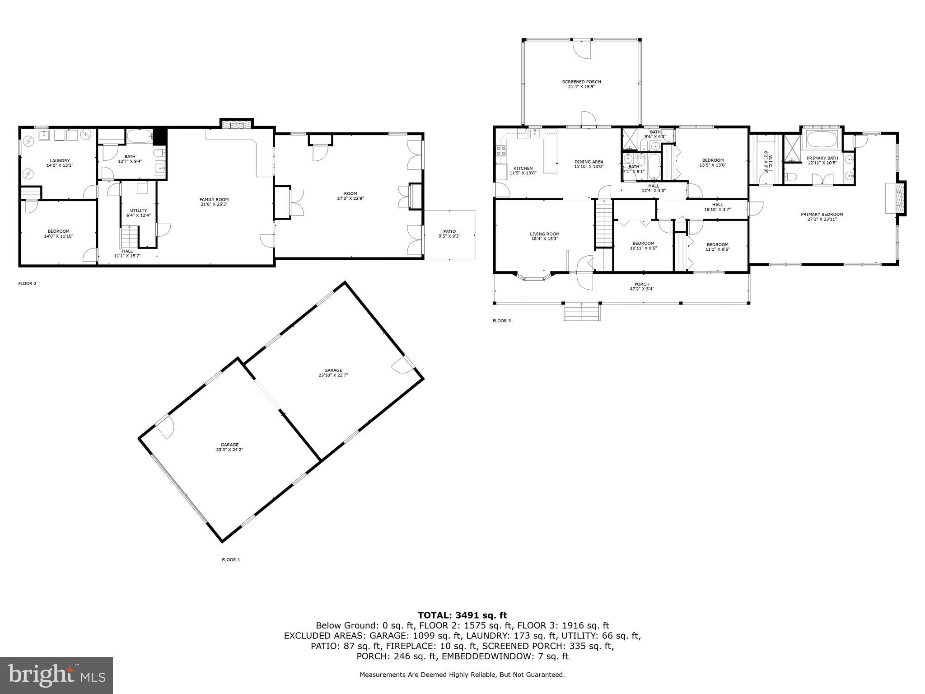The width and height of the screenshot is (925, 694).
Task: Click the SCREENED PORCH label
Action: tap(581, 82)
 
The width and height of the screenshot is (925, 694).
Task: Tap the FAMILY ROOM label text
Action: tap(214, 199)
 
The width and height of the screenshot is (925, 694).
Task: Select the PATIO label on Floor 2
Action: tap(449, 231)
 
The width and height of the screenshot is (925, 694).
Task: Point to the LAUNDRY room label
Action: tap(60, 160)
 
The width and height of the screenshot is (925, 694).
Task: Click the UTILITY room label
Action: tap(138, 210)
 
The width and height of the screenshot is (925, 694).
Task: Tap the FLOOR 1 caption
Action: tap(231, 560)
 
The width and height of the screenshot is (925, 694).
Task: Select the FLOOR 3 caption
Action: tap(501, 321)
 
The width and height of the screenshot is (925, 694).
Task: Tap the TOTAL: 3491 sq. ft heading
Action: tap(462, 615)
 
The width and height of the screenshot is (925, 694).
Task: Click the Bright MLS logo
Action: tap(56, 675)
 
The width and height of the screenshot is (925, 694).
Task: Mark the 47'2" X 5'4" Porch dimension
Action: tap(641, 289)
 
